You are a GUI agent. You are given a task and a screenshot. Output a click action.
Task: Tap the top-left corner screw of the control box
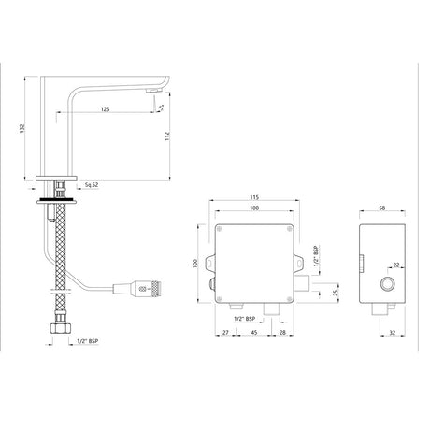(x=220, y=228)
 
